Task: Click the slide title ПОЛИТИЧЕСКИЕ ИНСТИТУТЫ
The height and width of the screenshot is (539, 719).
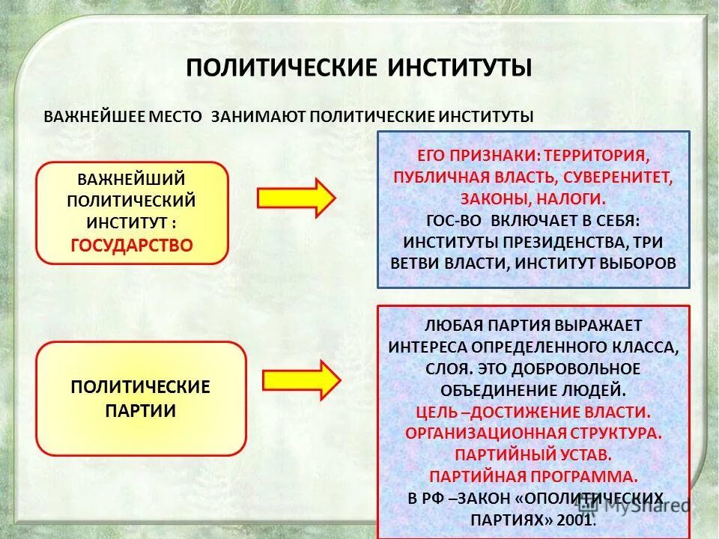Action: pos(359,67)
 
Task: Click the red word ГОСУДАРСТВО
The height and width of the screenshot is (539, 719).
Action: pos(132,245)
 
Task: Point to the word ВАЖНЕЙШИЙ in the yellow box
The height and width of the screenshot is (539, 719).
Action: pos(132,180)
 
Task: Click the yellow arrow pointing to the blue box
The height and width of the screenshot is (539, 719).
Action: pos(297,198)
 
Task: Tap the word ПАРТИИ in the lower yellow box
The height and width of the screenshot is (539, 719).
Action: pos(141,411)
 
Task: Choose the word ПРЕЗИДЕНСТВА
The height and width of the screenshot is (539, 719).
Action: pos(561,242)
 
